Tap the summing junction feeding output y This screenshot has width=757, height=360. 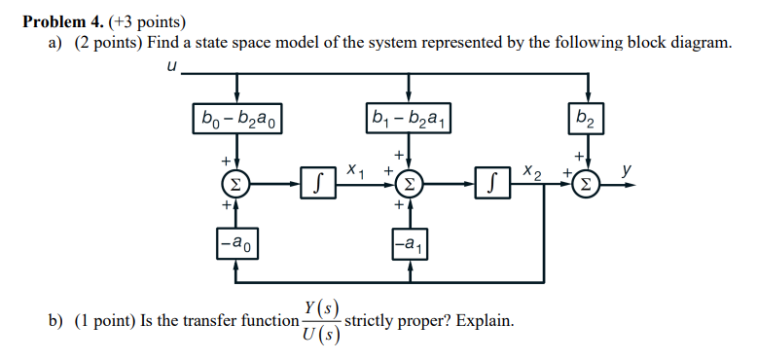[x=586, y=182]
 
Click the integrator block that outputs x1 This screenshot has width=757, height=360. [x=316, y=182]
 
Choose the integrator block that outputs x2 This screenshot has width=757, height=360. [x=492, y=182]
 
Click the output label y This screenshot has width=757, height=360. [x=628, y=168]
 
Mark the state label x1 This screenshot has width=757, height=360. [x=355, y=169]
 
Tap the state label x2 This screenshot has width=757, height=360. [x=531, y=169]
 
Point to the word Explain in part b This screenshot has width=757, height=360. [x=481, y=321]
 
